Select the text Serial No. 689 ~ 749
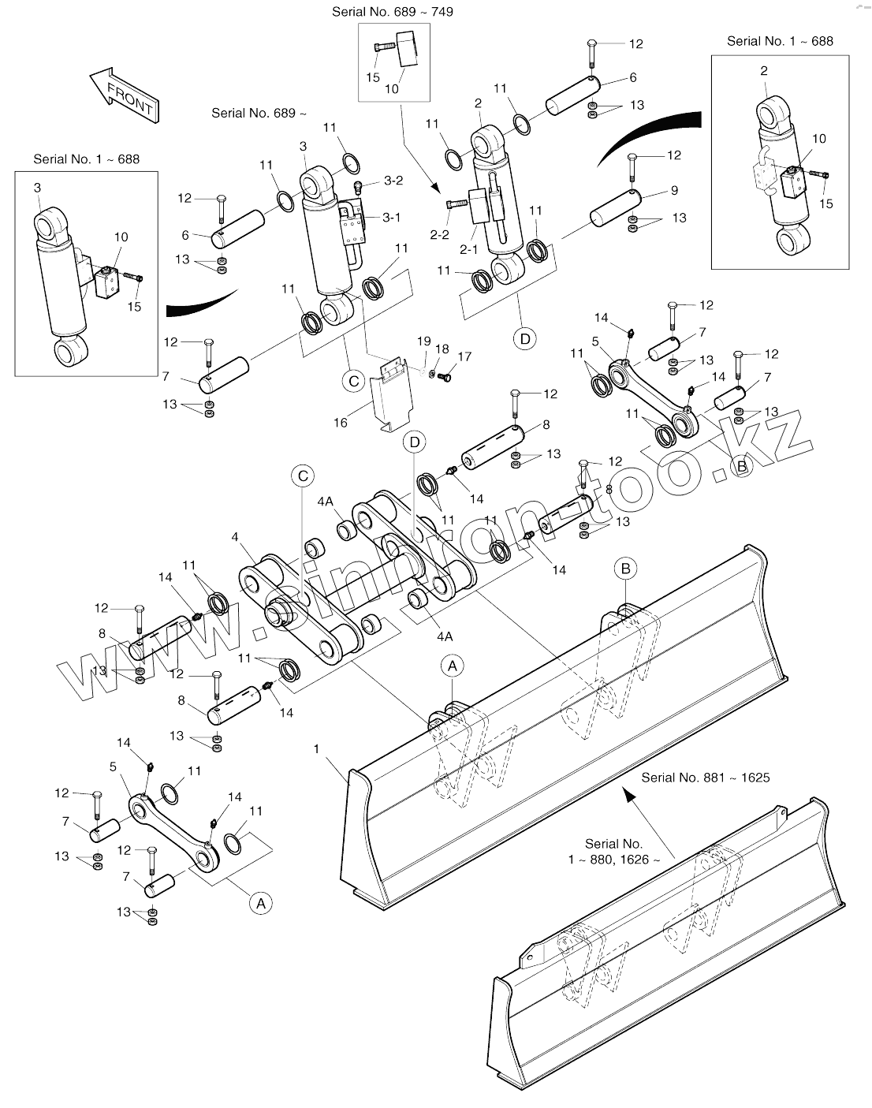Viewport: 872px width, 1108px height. click(392, 12)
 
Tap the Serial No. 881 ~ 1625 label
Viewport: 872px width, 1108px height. click(705, 777)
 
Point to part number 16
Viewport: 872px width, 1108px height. click(341, 423)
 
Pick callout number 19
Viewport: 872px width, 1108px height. click(424, 341)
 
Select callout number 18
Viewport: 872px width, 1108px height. click(442, 349)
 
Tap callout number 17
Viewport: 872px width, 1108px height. click(464, 357)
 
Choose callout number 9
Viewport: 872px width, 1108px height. click(674, 190)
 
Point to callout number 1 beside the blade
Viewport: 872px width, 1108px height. click(316, 748)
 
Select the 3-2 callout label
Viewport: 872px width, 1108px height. click(393, 181)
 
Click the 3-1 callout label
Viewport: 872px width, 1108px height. click(392, 218)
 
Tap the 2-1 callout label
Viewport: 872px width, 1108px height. click(468, 249)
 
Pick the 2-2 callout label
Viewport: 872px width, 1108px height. click(438, 234)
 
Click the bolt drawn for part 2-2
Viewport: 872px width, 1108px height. click(454, 204)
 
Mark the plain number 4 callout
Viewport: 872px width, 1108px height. click(235, 538)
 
